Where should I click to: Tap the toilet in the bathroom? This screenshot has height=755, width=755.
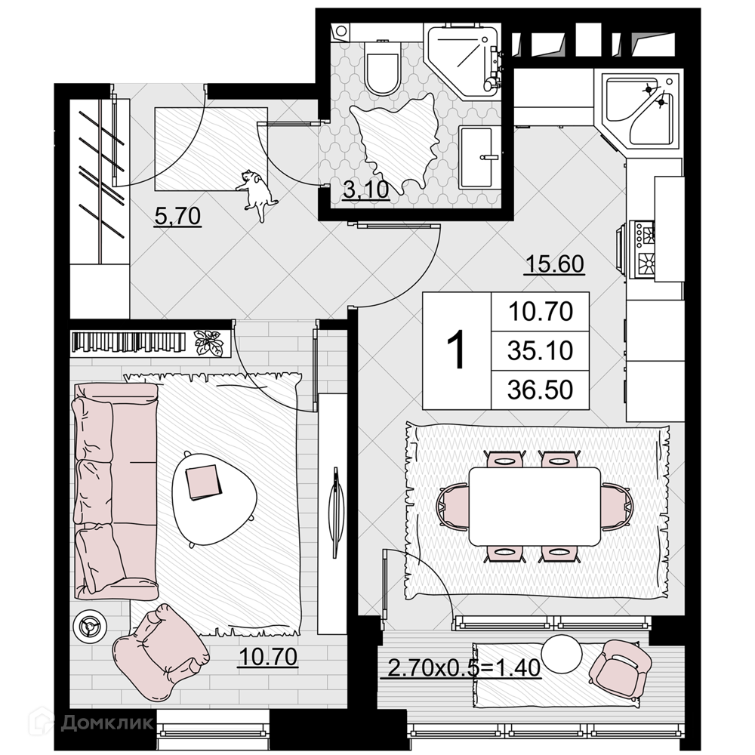[x=382, y=67]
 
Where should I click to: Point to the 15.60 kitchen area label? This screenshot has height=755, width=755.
[x=555, y=263]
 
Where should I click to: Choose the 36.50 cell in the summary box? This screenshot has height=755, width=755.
[x=541, y=390]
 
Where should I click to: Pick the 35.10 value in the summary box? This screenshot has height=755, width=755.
[x=541, y=350]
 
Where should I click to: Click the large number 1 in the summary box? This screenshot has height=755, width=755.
[x=456, y=350]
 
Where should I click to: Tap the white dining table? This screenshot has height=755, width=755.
[x=535, y=506]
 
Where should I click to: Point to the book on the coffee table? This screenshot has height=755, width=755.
[x=204, y=482]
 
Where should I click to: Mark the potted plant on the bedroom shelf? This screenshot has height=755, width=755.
[x=208, y=342]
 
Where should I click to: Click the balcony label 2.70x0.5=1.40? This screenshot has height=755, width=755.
[x=464, y=668]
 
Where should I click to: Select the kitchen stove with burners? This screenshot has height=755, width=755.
[x=644, y=251]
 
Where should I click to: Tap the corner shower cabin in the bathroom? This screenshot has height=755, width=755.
[x=461, y=62]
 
